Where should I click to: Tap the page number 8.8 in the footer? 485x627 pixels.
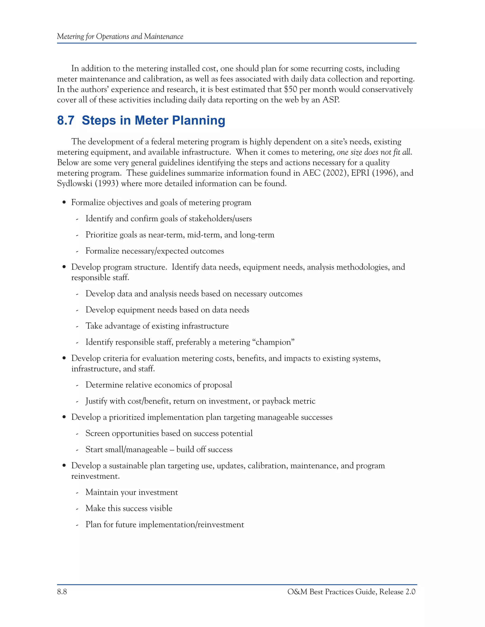click(x=62, y=592)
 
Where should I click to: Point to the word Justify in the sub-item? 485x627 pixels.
click(x=96, y=401)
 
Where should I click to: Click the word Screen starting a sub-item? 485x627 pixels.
click(x=97, y=433)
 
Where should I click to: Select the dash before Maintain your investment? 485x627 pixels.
click(x=77, y=493)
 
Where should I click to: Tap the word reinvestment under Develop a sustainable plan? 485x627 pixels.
click(x=95, y=476)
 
